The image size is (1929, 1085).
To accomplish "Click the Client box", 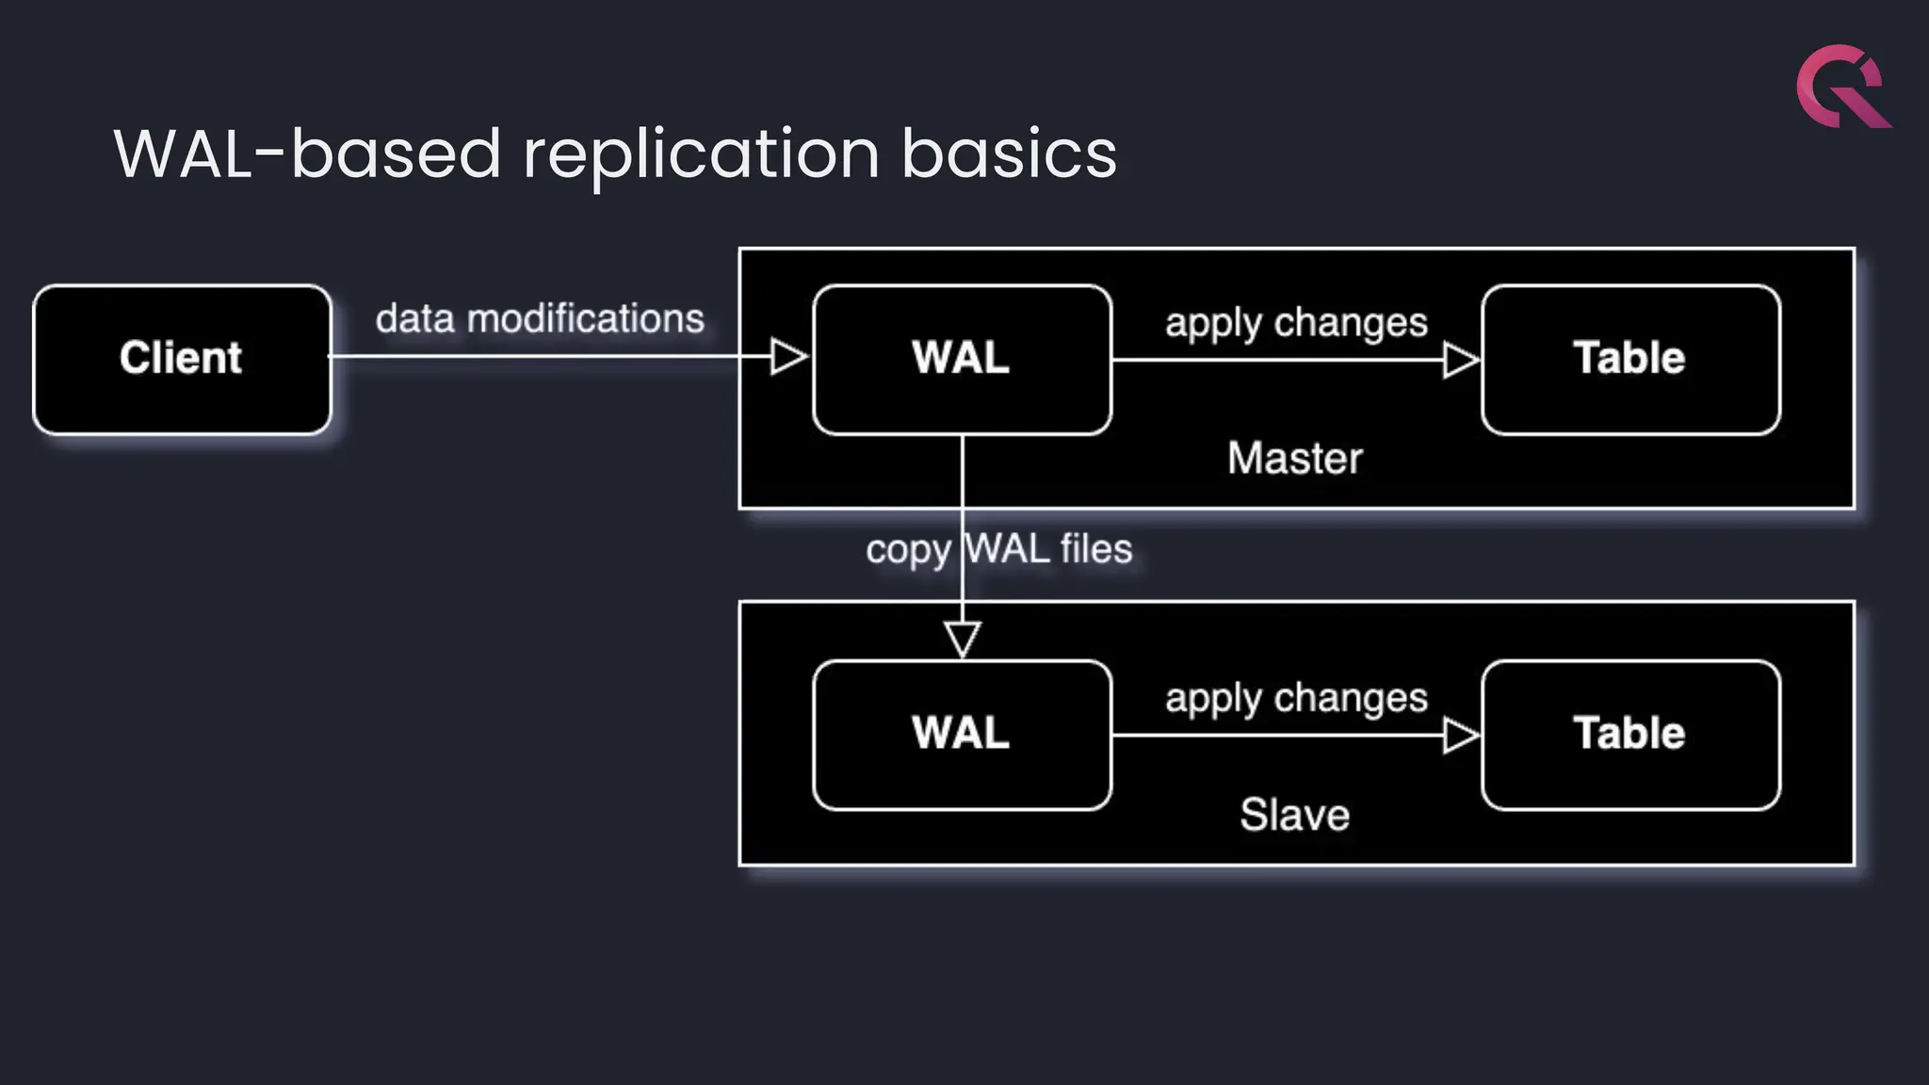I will pos(182,359).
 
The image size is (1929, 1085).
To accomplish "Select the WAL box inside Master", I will pos(962,359).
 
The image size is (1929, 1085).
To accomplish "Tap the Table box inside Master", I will pos(1630,359).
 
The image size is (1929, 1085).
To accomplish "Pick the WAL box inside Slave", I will pos(962,734).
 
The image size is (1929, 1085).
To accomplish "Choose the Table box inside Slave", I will pos(1630,734).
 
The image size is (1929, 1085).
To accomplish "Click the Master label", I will pos(1294,459).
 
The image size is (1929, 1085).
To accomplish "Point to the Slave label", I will pos(1294,815).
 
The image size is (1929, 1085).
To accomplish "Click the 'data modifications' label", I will pos(540,319).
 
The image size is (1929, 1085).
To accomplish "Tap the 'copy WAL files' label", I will pos(998,549).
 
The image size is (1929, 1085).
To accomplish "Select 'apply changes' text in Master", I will pos(1296,323).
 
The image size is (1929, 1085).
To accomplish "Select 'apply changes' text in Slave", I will pos(1296,699).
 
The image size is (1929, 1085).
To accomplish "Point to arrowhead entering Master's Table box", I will pos(1461,360).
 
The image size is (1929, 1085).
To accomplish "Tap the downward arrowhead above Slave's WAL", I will pos(963,639).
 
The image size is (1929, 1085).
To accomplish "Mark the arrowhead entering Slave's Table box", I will pos(1461,736).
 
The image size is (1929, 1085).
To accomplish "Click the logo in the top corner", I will pos(1841,87).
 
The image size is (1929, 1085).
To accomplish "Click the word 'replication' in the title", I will pos(701,154).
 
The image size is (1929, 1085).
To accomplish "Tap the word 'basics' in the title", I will pos(1009,154).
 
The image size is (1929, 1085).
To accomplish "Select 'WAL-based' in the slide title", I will pos(307,154).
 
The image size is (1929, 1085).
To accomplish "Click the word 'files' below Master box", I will pos(1096,549).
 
